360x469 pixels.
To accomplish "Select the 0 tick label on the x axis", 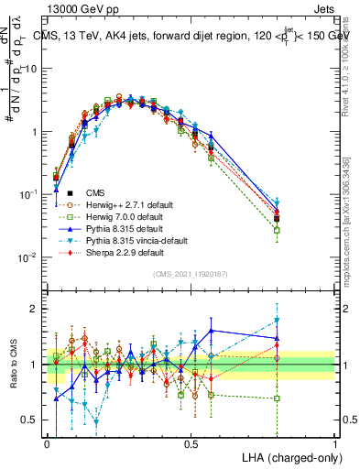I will pyautogui.click(x=48, y=442).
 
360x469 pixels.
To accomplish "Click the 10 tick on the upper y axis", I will pyautogui.click(x=33, y=69).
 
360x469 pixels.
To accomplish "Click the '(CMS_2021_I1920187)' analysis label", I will pyautogui.click(x=191, y=274).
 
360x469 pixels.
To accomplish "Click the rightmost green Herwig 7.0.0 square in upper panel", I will pyautogui.click(x=277, y=230).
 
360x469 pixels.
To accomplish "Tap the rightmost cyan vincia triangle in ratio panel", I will pyautogui.click(x=277, y=321).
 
